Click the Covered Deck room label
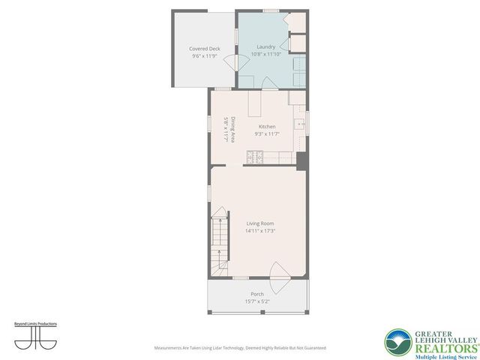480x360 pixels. click(204, 49)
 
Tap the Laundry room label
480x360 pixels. click(265, 46)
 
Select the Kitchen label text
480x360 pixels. click(267, 127)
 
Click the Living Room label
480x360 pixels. click(260, 223)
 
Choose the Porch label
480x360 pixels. click(257, 294)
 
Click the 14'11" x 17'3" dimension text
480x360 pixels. click(260, 231)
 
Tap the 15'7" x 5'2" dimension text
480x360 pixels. click(257, 301)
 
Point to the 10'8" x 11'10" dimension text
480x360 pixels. click(265, 54)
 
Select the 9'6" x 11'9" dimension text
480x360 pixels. click(204, 56)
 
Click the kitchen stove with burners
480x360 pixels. click(253, 157)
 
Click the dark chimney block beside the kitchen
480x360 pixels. click(301, 160)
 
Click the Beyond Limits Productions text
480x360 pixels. click(36, 324)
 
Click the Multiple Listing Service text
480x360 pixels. click(434, 349)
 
